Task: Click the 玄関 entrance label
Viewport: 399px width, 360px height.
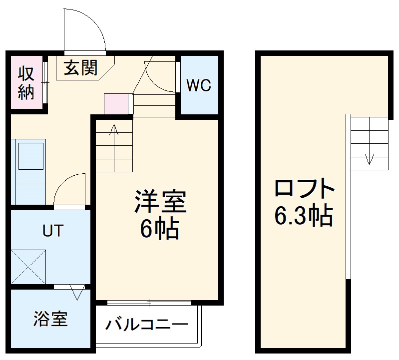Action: pos(80,67)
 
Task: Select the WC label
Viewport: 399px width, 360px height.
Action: pos(199,85)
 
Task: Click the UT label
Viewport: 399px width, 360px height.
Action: pos(52,231)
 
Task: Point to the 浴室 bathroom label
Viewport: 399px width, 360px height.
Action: pos(50,319)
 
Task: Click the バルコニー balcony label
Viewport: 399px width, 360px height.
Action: pos(147,326)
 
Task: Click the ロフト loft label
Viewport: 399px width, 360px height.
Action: pos(304,189)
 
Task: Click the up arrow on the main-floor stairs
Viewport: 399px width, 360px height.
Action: pos(114,131)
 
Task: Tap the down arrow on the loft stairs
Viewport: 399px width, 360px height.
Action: pos(369,158)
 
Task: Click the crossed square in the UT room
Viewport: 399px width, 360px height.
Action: pos(29,267)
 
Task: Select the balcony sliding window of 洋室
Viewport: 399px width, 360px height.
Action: pos(149,303)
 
